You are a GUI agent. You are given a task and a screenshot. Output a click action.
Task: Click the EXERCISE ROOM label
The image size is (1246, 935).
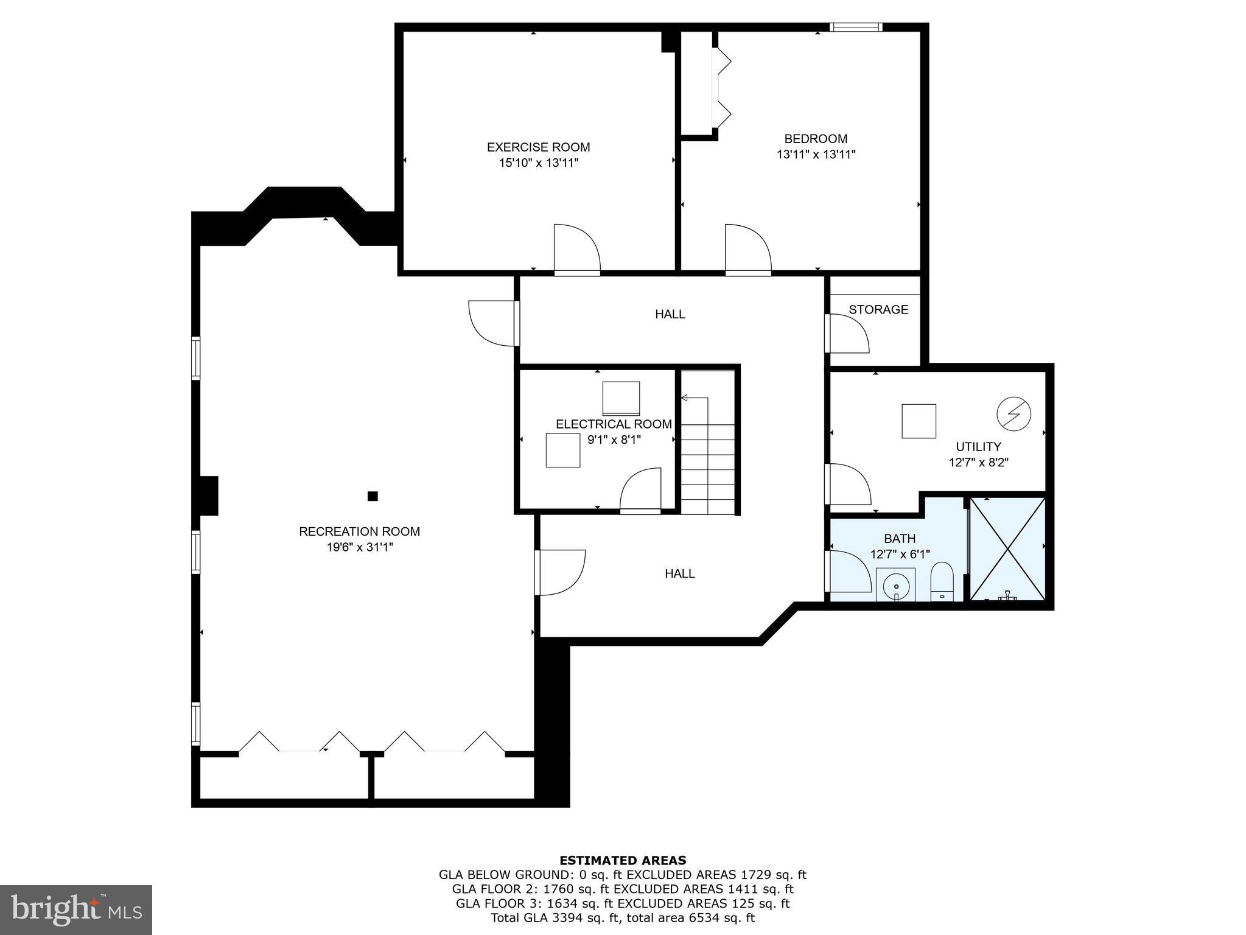pos(538,147)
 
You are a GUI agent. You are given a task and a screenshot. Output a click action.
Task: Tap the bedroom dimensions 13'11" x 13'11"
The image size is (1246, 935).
pos(816,155)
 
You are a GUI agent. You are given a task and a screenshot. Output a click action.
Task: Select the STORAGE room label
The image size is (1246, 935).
pos(878,309)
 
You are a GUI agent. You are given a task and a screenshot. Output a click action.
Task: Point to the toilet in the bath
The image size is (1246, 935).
pos(942,581)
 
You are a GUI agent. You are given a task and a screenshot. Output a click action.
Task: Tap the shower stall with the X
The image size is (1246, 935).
pos(1007,548)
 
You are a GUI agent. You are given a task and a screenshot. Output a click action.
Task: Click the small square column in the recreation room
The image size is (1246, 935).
pos(373,496)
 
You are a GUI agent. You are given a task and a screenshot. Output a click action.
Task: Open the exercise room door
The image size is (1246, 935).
pos(576,250)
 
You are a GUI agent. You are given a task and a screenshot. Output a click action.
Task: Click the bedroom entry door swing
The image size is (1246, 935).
pos(747,250)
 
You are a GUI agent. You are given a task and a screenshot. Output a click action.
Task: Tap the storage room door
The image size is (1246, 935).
pos(847,334)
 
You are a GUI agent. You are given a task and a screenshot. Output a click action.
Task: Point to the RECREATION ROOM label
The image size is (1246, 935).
pos(359,531)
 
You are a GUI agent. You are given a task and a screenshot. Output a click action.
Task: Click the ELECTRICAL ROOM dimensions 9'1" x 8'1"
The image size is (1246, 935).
pos(614,439)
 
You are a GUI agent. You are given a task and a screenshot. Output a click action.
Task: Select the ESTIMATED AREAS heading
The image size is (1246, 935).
pos(623,860)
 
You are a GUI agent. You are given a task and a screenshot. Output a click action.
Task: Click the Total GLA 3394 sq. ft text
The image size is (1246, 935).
pos(623,918)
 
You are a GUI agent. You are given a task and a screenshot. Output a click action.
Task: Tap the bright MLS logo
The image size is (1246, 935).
pos(76,909)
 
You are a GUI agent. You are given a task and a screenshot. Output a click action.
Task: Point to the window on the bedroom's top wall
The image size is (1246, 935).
pos(856,27)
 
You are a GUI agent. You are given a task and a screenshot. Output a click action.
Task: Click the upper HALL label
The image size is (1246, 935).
pos(670,314)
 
